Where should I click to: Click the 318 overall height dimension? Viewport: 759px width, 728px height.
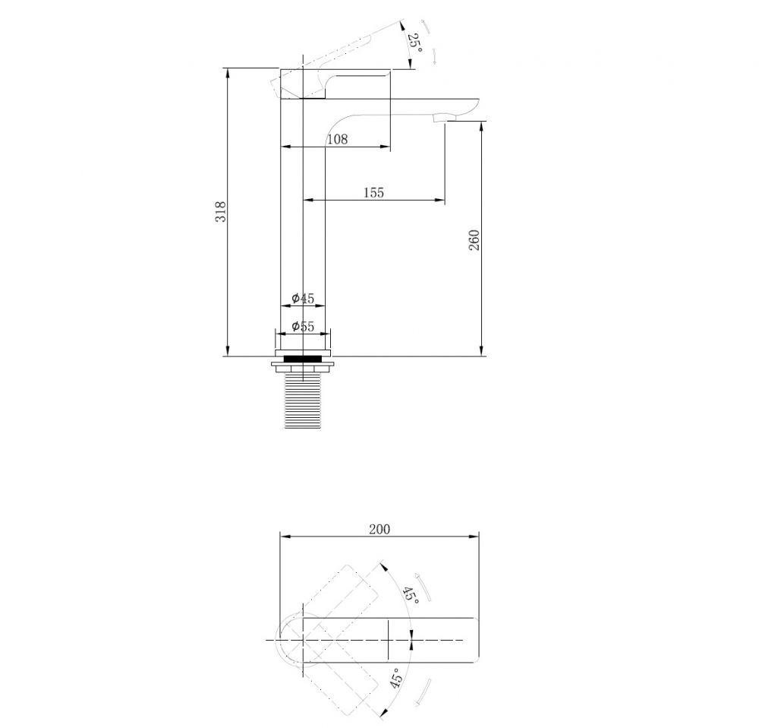[x=221, y=212]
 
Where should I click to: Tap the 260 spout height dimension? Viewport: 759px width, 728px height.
[x=474, y=240]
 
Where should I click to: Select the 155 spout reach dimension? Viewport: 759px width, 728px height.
[x=373, y=193]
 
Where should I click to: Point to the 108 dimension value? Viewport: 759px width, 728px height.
[x=338, y=140]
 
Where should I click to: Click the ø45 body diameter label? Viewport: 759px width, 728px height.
[x=303, y=298]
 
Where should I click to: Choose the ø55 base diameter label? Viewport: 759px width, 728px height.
[x=303, y=326]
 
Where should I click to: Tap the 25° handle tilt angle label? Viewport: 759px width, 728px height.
[x=415, y=43]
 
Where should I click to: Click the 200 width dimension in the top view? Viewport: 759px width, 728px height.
[x=379, y=529]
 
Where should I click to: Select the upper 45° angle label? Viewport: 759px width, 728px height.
[x=411, y=593]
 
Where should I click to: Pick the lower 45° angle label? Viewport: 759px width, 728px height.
[x=396, y=679]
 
